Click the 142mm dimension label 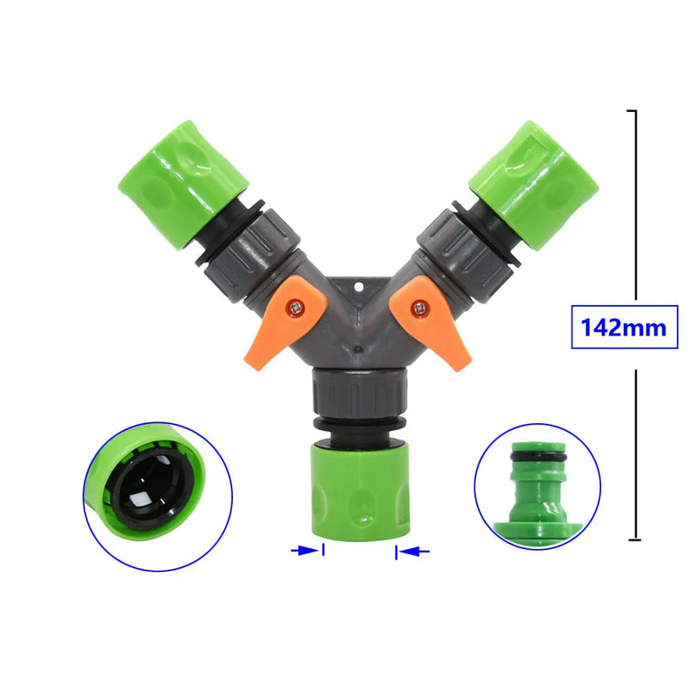[x=624, y=328]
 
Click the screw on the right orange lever [x=421, y=306]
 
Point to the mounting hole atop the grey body [x=359, y=285]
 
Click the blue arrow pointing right [x=305, y=550]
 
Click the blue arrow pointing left [x=414, y=551]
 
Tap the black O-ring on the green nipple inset [x=537, y=458]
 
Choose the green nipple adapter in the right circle [x=537, y=495]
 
